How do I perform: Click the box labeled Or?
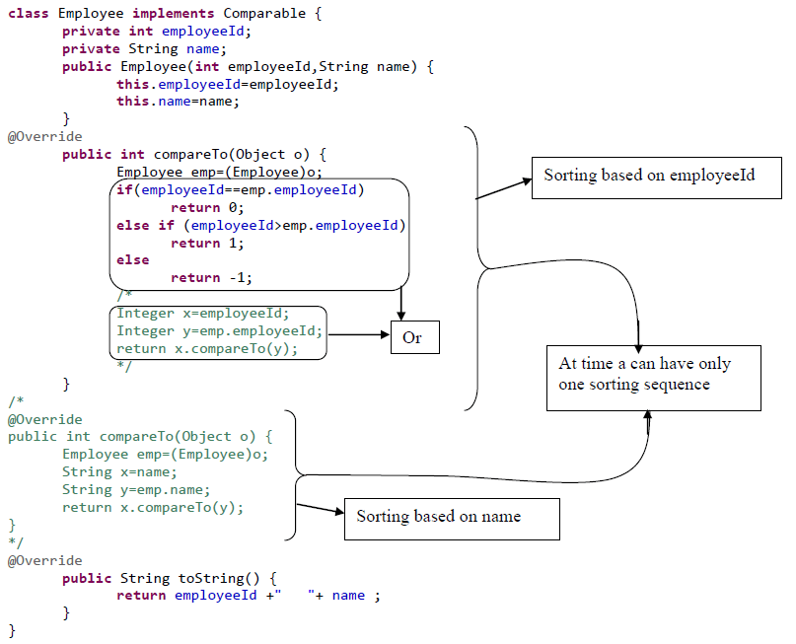[x=414, y=337]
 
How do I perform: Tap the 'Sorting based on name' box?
[x=451, y=518]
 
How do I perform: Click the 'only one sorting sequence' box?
[x=653, y=376]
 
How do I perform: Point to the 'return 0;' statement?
[x=206, y=207]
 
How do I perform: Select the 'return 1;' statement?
[x=206, y=243]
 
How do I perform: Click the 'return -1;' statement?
[x=210, y=278]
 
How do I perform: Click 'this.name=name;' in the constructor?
[x=178, y=101]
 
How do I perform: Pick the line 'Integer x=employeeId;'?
[x=203, y=314]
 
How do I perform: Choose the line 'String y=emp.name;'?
[x=136, y=489]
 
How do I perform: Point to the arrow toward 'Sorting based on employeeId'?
[x=503, y=188]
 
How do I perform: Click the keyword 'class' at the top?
[x=30, y=13]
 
